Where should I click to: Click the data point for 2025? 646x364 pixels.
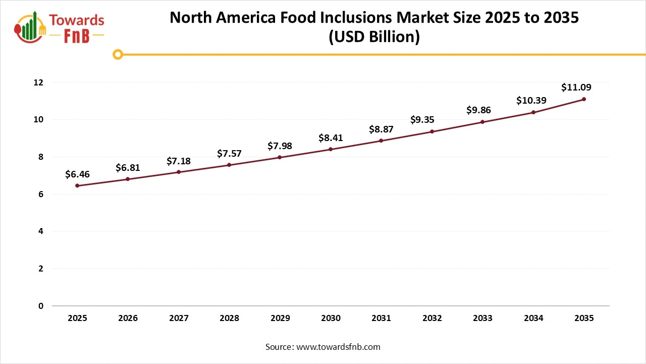pos(77,186)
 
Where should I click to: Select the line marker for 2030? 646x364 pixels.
pos(331,149)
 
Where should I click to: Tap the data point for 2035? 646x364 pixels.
pos(584,99)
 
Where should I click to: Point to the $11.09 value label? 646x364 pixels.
pos(576,87)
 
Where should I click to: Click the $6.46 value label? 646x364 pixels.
pos(77,174)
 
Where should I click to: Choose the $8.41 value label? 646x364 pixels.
pos(331,138)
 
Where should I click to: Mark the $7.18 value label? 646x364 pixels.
pos(179,161)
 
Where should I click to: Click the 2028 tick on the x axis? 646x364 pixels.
pos(229,318)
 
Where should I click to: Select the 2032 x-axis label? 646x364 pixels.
pos(432,318)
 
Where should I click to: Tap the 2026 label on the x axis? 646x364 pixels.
pos(128,318)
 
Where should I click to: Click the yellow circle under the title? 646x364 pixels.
pos(118,54)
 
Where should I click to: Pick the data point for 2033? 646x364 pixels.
pos(482,122)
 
